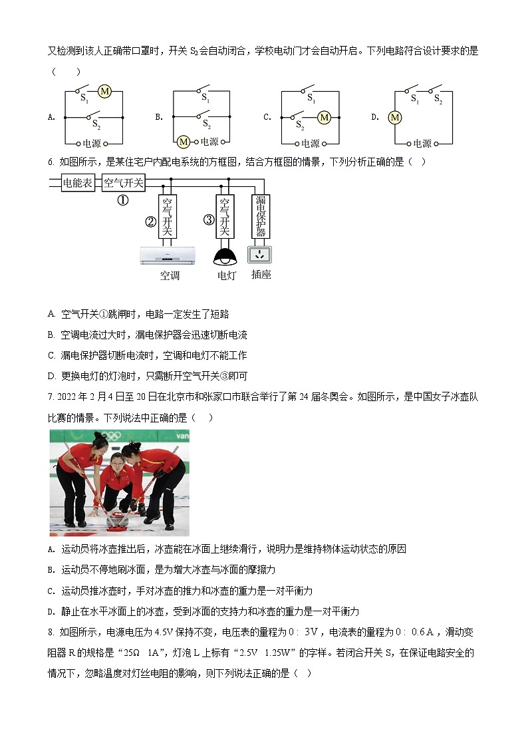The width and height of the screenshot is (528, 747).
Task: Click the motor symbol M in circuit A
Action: pos(104,92)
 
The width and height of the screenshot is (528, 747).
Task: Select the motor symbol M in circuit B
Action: pos(183,141)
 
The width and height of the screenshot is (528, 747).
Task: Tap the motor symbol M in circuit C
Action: pos(324,118)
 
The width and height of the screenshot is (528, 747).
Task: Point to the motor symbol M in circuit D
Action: pos(395,118)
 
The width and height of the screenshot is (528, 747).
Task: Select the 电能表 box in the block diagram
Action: pos(78,182)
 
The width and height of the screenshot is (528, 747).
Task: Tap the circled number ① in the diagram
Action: pos(123,200)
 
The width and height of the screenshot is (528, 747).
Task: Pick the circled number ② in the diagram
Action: pos(151,222)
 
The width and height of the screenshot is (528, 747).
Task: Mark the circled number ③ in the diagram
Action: pos(208,220)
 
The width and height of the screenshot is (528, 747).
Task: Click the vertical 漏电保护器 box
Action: pos(261,216)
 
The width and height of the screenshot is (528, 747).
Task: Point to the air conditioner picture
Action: pos(169,255)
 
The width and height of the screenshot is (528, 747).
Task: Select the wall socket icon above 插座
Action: pos(261,254)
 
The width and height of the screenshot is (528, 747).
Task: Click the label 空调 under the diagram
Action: pos(170,275)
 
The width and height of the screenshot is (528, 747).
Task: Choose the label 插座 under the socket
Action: pos(261,274)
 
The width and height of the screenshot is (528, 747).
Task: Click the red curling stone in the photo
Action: pos(118,520)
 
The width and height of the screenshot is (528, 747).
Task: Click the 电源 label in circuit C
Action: pos(311,143)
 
